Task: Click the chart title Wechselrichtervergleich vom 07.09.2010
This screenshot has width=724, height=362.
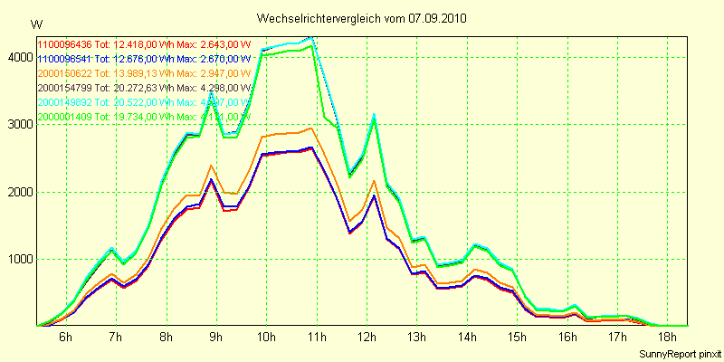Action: click(x=362, y=18)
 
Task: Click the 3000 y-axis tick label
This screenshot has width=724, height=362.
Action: click(x=18, y=125)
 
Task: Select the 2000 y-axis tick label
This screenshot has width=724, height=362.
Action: click(x=18, y=192)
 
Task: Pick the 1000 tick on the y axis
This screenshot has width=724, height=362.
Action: click(x=18, y=260)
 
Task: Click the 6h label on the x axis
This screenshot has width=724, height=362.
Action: click(x=65, y=337)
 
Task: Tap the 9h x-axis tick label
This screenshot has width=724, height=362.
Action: click(x=215, y=337)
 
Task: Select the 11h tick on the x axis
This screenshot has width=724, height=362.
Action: click(x=317, y=337)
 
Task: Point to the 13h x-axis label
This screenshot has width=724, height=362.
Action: click(x=417, y=337)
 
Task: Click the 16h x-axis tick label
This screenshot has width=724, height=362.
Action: click(x=567, y=337)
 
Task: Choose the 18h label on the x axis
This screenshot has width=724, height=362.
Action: click(x=668, y=337)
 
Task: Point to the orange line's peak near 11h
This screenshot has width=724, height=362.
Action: click(x=310, y=128)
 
